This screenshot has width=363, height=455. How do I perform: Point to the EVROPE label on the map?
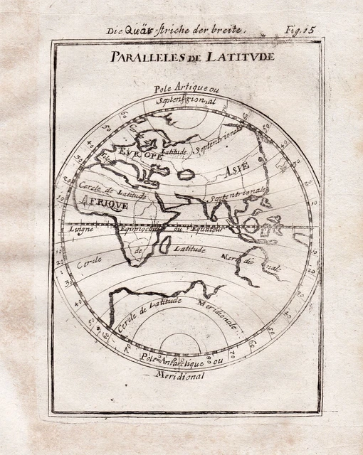point(142,154)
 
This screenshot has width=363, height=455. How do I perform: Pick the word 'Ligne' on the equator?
point(80,230)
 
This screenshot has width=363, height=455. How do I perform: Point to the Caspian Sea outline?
point(186,173)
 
